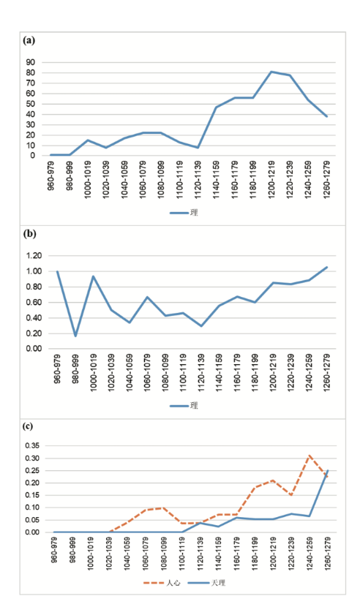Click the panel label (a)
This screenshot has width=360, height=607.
pyautogui.click(x=29, y=40)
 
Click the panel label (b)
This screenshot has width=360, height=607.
pyautogui.click(x=30, y=234)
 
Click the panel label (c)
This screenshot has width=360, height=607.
pyautogui.click(x=29, y=426)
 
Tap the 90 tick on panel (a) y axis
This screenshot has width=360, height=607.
pyautogui.click(x=31, y=62)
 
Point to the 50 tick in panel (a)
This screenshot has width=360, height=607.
pyautogui.click(x=31, y=104)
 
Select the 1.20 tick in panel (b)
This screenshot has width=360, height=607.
pyautogui.click(x=34, y=255)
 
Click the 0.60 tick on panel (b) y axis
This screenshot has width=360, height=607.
pyautogui.click(x=34, y=302)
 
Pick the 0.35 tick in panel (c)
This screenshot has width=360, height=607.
pyautogui.click(x=32, y=445)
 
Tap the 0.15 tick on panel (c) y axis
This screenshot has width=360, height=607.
pyautogui.click(x=32, y=495)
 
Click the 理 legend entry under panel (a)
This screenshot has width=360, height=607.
pyautogui.click(x=184, y=213)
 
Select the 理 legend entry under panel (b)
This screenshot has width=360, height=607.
pyautogui.click(x=184, y=406)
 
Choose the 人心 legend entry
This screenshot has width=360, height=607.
pyautogui.click(x=162, y=583)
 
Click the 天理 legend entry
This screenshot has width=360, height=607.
pyautogui.click(x=206, y=583)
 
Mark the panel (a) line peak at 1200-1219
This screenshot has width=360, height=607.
pyautogui.click(x=271, y=72)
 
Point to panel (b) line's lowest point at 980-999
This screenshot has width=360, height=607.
pyautogui.click(x=75, y=336)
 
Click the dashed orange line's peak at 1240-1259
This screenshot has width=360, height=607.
pyautogui.click(x=310, y=456)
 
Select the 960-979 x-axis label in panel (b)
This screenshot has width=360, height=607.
pyautogui.click(x=57, y=369)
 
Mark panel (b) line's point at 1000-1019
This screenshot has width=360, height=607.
pyautogui.click(x=93, y=276)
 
